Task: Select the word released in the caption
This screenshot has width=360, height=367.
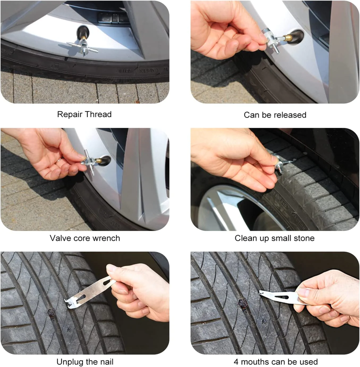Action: (290, 115)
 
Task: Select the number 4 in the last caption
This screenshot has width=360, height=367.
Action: (236, 362)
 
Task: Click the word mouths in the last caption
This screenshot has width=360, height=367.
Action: (255, 362)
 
